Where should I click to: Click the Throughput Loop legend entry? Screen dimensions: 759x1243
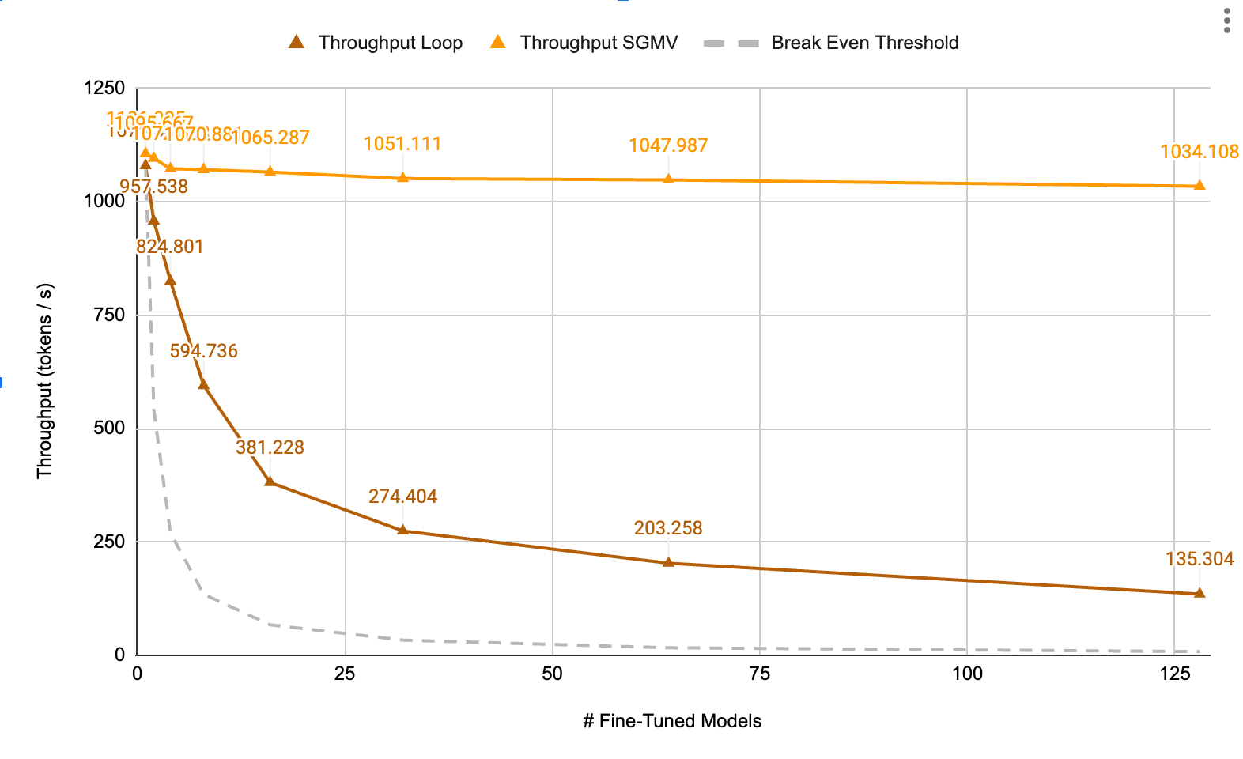tap(376, 43)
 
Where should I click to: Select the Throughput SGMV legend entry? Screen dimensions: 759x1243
tap(584, 43)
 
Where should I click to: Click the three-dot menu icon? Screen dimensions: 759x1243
tap(1226, 21)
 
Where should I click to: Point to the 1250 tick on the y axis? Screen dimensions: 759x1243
tap(104, 88)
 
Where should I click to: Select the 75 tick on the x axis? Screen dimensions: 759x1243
tap(759, 674)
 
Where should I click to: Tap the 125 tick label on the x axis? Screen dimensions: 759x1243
tap(1174, 674)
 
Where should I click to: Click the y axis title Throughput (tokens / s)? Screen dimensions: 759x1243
tap(44, 380)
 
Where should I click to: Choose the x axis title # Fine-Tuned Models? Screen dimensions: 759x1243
tap(672, 721)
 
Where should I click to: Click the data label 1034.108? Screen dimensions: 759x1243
tap(1199, 152)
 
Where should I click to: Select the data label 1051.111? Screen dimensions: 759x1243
tap(402, 144)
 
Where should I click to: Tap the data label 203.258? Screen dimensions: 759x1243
tap(668, 528)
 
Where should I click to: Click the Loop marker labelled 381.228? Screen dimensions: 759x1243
tap(270, 481)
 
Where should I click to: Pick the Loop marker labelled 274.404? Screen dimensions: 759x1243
tap(402, 530)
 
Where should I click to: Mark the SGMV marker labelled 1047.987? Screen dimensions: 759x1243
tap(668, 179)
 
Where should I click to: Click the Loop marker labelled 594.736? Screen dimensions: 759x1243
tap(203, 383)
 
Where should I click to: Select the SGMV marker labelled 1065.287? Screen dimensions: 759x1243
tap(270, 171)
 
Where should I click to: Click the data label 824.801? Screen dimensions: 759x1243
tap(170, 247)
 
